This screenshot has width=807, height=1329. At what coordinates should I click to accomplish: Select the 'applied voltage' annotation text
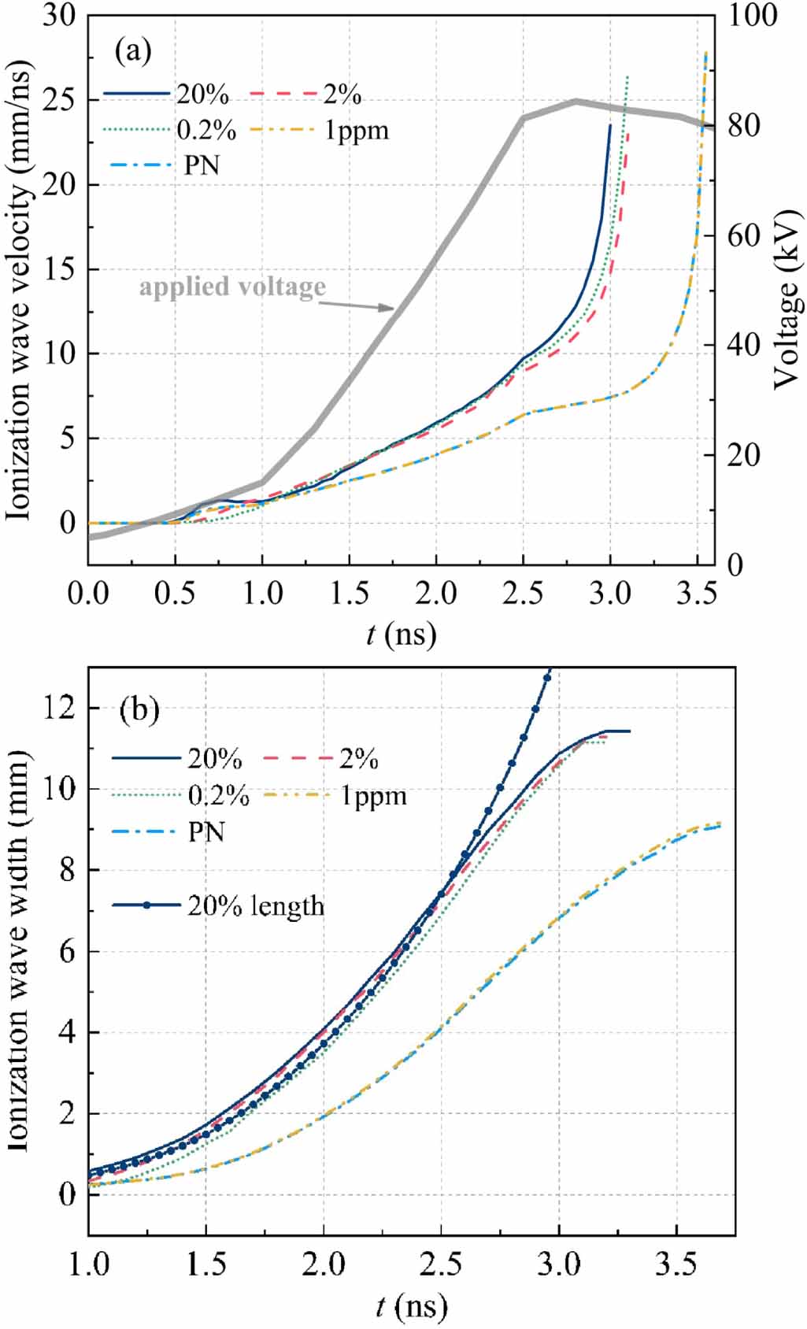(232, 286)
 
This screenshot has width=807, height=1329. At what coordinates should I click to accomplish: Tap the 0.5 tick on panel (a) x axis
(175, 592)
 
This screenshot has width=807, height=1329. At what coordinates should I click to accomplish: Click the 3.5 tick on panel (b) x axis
(676, 1264)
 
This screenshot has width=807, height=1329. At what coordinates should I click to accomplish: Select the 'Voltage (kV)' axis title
(786, 299)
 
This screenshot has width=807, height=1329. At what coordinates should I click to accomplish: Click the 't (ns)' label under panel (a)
(401, 633)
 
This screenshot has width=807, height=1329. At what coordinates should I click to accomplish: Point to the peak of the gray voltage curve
(576, 101)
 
